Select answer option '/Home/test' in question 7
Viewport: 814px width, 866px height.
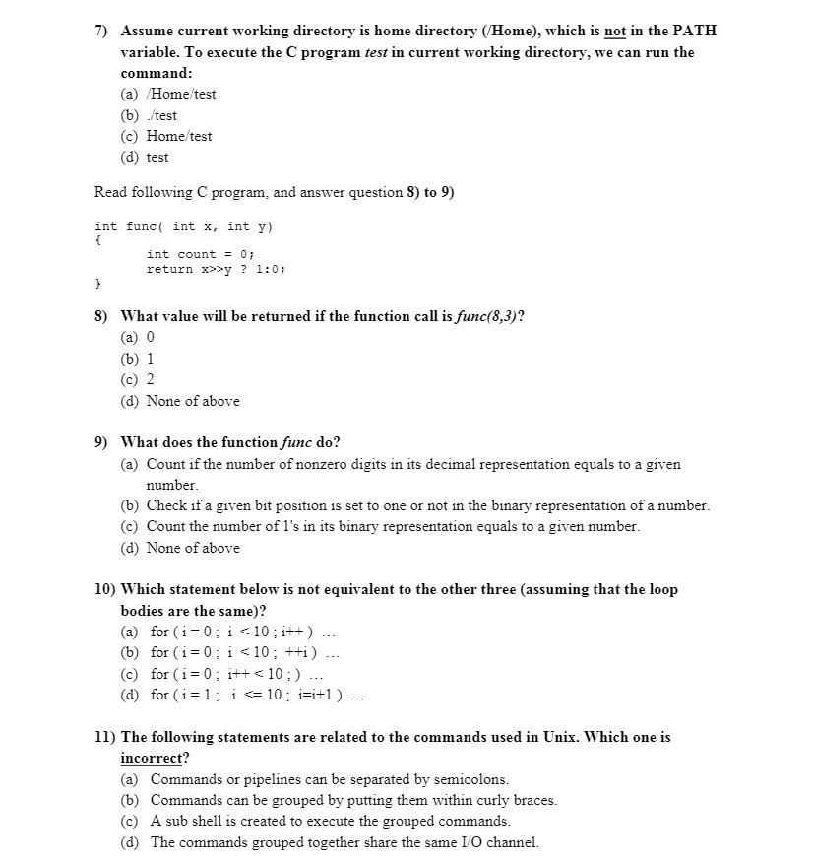tap(181, 95)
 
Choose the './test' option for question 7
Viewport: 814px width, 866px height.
tap(163, 115)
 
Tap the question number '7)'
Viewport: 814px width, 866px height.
tap(101, 31)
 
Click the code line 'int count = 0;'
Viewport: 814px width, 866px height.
tap(200, 254)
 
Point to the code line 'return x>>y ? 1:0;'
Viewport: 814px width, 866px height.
tap(216, 268)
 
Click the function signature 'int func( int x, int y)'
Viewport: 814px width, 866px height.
tap(183, 226)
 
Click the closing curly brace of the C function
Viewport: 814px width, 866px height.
tap(98, 283)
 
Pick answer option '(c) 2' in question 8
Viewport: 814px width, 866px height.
tap(138, 380)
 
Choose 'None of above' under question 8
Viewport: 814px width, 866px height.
tap(193, 401)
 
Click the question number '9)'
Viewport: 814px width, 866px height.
tap(101, 442)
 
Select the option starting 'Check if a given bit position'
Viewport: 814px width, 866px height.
tap(427, 505)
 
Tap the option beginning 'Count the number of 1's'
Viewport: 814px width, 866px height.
tap(393, 526)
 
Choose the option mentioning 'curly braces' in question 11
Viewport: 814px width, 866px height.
tap(353, 800)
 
